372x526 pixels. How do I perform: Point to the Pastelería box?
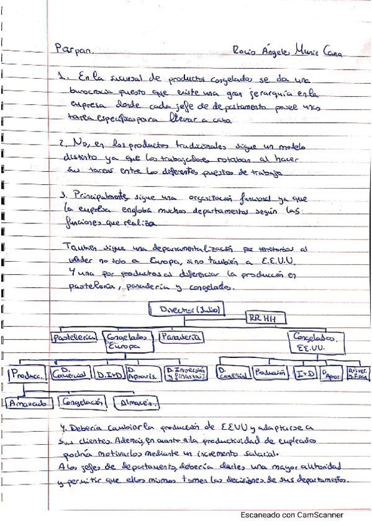point(74,337)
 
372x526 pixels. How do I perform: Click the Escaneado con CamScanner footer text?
point(292,514)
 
